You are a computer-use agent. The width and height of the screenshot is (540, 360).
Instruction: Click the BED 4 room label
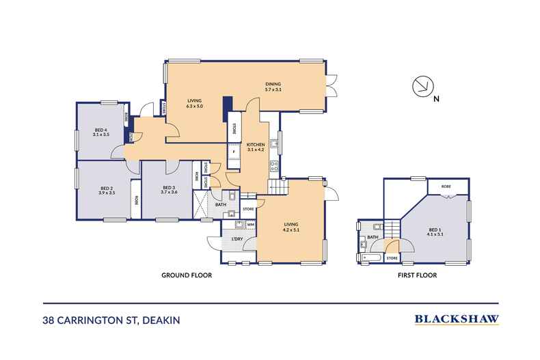click(x=100, y=132)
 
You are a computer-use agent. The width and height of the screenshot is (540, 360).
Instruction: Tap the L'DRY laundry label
click(x=237, y=238)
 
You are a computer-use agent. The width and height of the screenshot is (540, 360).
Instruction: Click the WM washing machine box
click(x=250, y=224)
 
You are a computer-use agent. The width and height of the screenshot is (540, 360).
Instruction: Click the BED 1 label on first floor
click(x=434, y=231)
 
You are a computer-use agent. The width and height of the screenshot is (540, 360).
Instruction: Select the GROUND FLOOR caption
click(x=186, y=276)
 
